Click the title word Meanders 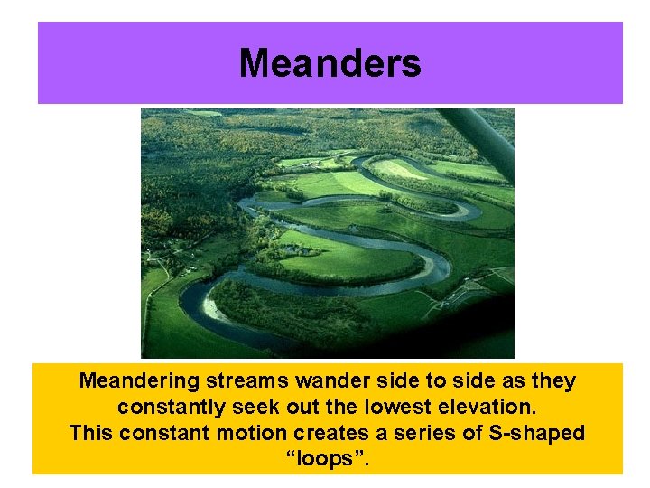click(330, 63)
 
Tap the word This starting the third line click(91, 433)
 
